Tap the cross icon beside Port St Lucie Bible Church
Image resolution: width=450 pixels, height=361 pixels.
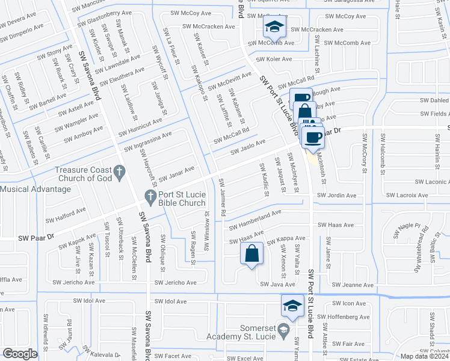pos(151,196)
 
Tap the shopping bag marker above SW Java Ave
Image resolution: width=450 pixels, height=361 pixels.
pos(252,255)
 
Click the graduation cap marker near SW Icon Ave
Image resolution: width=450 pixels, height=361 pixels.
pos(292,306)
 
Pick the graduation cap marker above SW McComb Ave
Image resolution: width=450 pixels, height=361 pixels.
pos(274,26)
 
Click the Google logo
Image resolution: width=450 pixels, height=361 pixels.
pos(20,354)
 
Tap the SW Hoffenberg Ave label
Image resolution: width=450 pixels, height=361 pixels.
pos(344,316)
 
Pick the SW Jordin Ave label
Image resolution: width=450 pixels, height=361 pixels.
pos(337,196)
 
